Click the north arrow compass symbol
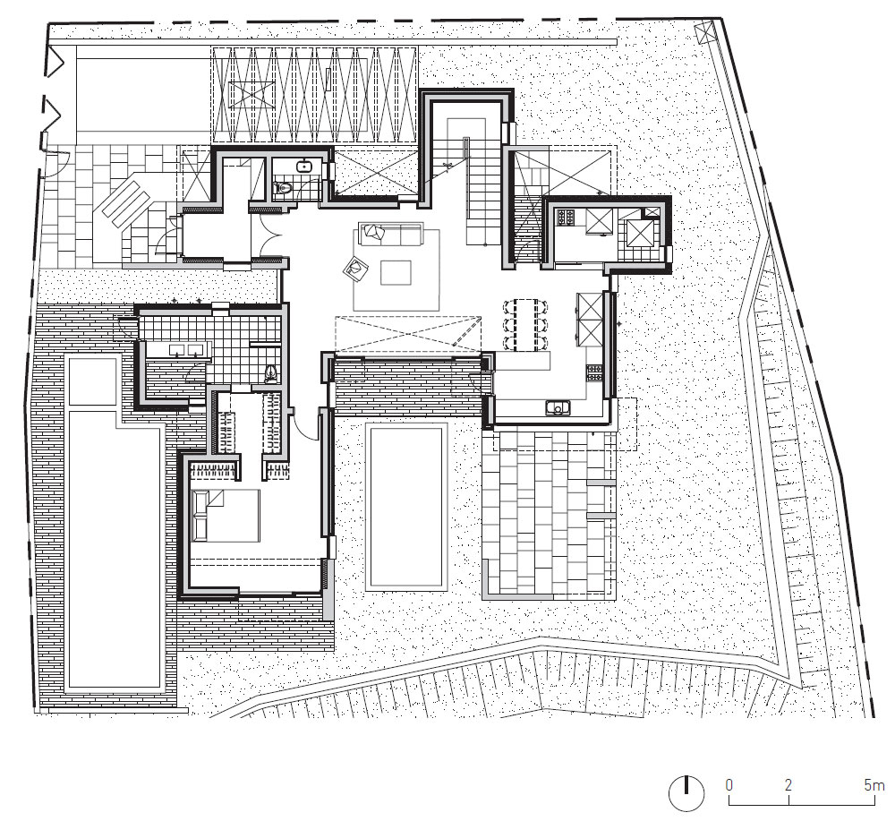tap(686, 793)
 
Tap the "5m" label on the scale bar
tap(874, 785)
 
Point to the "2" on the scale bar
tap(788, 785)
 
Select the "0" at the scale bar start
tap(729, 785)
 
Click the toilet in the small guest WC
tap(282, 187)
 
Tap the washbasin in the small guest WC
tap(303, 167)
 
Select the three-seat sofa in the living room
tap(390, 234)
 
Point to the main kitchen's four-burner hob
tap(595, 373)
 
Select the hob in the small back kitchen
tap(567, 217)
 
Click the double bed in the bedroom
tap(226, 515)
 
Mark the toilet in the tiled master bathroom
tap(272, 373)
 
